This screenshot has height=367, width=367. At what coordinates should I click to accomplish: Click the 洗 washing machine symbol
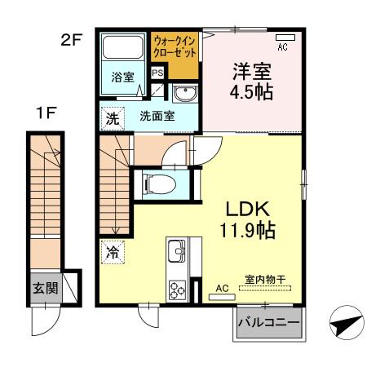pos(111,119)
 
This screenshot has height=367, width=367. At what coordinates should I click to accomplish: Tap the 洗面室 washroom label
pos(154,117)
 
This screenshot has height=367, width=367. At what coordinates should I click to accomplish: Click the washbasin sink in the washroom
pos(185,91)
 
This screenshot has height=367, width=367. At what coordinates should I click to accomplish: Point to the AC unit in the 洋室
pos(284,38)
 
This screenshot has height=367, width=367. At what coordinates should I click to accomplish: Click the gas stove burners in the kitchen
pos(177,288)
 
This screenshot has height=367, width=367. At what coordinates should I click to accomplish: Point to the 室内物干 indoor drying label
pos(265,280)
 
